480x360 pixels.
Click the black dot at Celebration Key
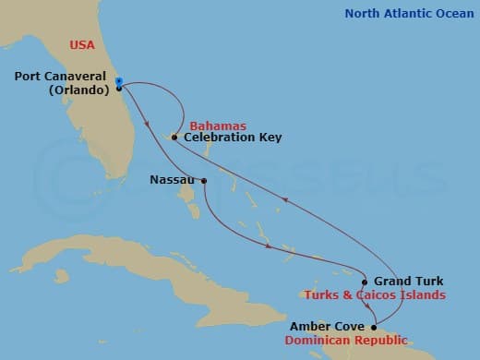click(174, 138)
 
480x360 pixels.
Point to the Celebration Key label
click(233, 138)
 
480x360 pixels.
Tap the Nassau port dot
click(203, 181)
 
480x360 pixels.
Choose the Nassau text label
click(172, 181)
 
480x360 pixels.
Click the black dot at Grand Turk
click(366, 282)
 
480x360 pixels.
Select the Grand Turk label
click(408, 282)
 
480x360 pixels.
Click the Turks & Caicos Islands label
click(375, 295)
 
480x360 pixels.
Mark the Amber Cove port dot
click(374, 327)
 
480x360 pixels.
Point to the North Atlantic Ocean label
click(406, 13)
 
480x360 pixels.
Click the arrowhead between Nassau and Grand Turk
click(269, 246)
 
